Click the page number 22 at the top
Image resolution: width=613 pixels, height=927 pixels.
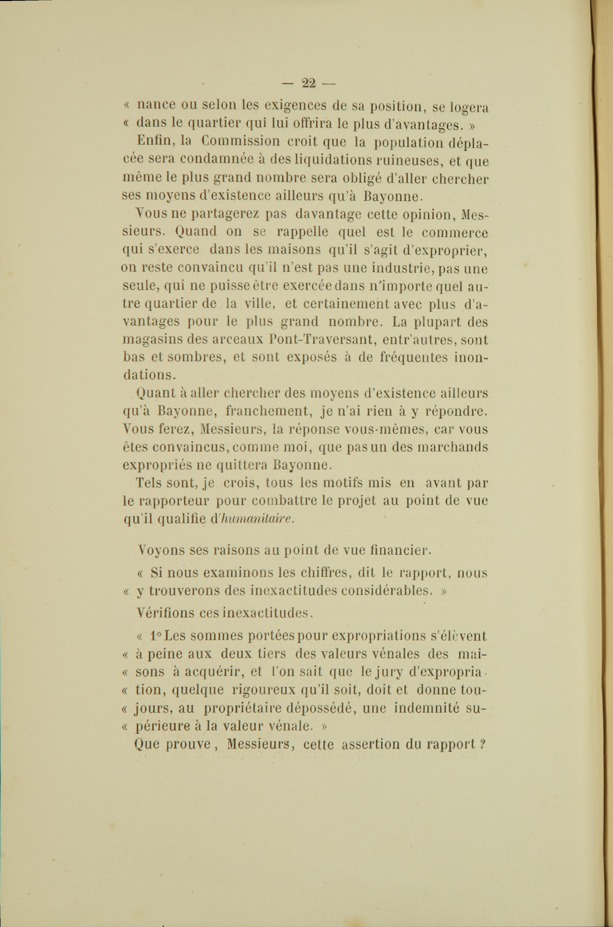coord(309,83)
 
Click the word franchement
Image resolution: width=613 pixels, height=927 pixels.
coord(268,411)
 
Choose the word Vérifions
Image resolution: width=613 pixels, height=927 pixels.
coord(165,613)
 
